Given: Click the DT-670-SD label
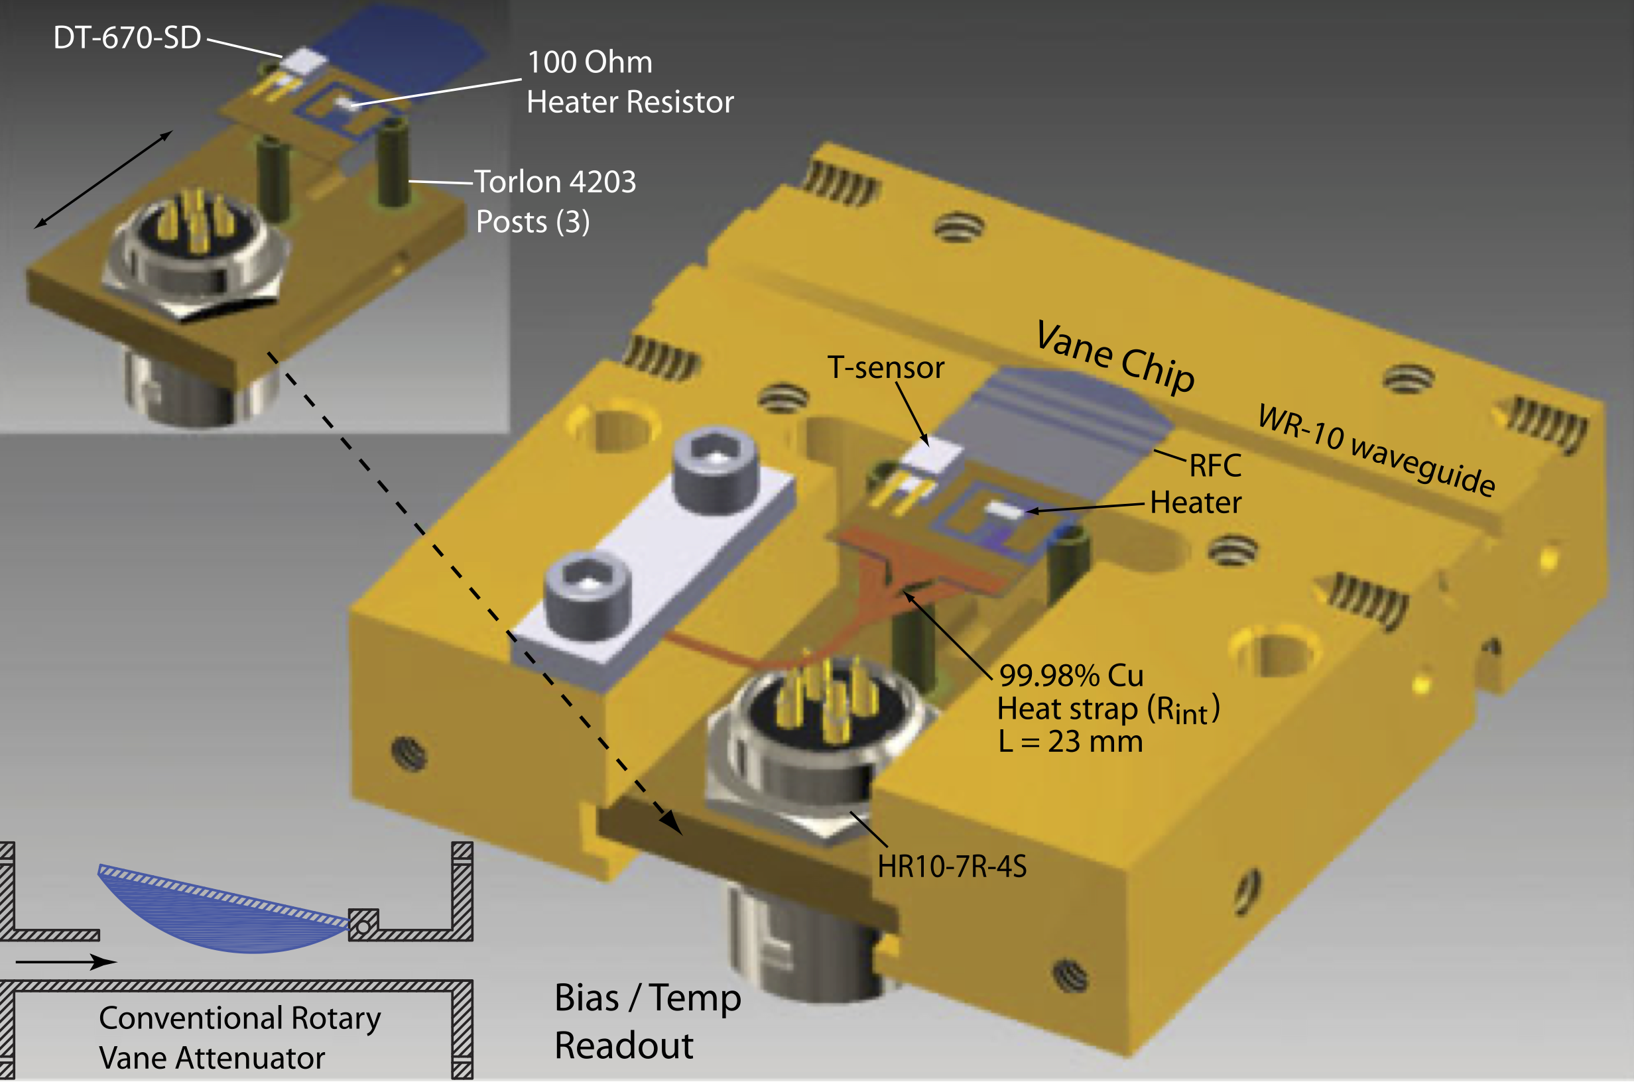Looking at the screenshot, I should tap(127, 37).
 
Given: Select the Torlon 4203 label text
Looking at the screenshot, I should tap(555, 182).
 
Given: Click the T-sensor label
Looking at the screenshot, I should tap(885, 367).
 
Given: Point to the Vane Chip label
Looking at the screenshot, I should tap(1114, 357).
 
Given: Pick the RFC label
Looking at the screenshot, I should tap(1215, 466).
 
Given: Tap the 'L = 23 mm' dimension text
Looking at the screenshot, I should tap(1070, 742).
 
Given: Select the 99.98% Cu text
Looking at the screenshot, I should tap(1071, 676).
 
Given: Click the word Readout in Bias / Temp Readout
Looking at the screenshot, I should tap(624, 1046).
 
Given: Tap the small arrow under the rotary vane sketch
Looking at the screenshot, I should tap(66, 961).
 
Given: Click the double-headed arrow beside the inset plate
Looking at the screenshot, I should tap(103, 179).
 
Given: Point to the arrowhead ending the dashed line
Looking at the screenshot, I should tap(671, 823).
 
